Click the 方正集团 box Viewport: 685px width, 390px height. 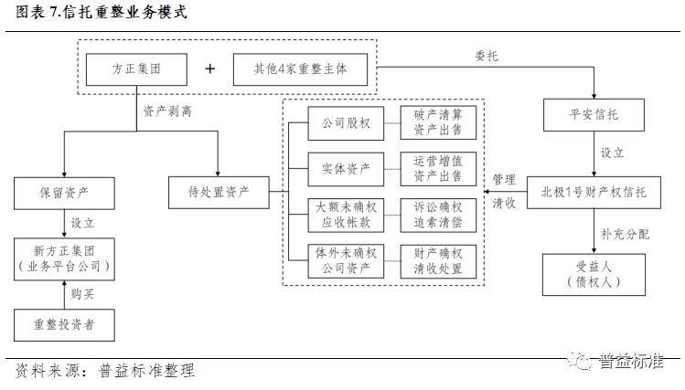136,69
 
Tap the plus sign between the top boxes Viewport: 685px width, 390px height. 210,69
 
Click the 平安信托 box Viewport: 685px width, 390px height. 594,116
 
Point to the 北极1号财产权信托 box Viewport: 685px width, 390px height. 594,192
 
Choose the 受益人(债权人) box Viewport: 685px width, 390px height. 594,273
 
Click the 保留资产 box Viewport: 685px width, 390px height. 64,193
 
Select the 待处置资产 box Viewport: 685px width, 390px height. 219,193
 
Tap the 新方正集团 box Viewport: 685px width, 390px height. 64,258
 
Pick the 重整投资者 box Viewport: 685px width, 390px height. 64,321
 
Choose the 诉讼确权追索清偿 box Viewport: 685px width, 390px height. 438,215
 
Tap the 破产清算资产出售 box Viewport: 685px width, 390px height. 438,122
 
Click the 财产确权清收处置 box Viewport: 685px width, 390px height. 438,260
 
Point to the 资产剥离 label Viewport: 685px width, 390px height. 167,111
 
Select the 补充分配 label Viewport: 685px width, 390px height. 625,234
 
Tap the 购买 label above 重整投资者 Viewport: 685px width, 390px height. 82,294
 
